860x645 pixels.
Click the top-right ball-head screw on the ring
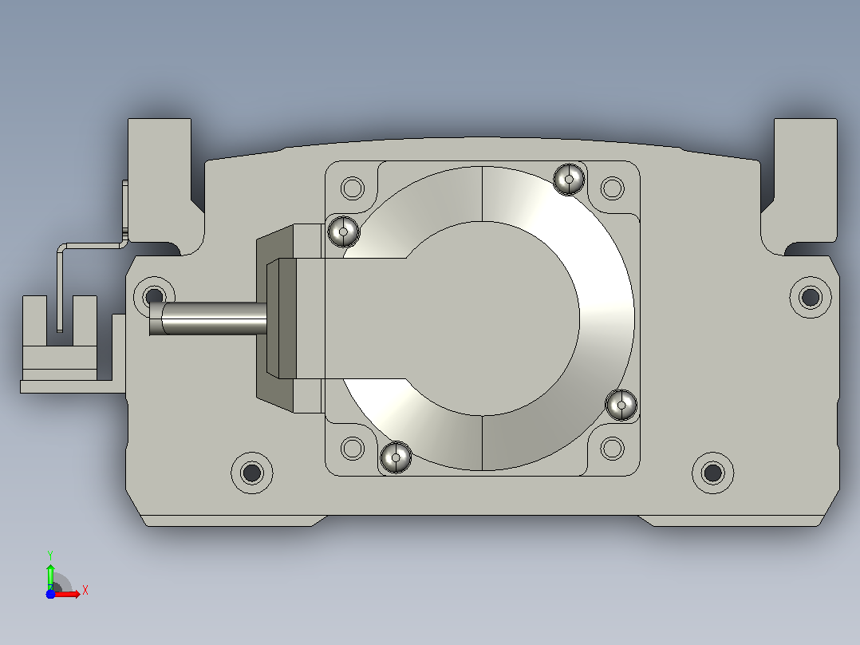pos(569,179)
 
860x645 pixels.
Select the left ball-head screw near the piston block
pos(343,231)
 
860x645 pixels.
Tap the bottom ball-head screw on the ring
pos(396,457)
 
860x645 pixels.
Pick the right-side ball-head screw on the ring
pos(621,405)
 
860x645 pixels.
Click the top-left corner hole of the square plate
pos(352,188)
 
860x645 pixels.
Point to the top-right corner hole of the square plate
pos(612,188)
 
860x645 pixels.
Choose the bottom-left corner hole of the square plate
pos(352,449)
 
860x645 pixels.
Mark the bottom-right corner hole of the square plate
pos(612,449)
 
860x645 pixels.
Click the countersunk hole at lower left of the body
pos(252,472)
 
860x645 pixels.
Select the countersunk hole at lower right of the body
pos(712,472)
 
